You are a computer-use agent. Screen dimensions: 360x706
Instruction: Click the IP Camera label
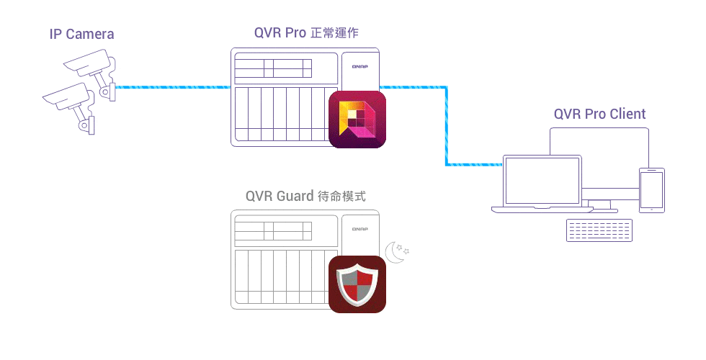81,34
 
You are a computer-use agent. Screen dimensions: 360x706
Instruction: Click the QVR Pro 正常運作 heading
306,32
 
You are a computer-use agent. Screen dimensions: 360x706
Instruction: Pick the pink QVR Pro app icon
357,120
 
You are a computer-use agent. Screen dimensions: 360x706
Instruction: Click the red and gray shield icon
357,284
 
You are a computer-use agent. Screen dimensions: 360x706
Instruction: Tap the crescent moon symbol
394,251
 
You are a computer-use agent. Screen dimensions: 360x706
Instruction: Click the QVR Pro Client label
599,114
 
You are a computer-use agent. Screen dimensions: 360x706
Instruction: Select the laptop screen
542,180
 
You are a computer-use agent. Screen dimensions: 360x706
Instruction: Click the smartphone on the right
651,190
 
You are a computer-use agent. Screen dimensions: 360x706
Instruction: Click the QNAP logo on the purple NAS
360,66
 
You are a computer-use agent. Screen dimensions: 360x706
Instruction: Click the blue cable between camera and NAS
173,87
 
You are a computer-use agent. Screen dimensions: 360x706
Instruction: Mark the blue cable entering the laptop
475,165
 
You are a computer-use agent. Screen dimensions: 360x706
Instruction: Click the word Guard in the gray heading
295,196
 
